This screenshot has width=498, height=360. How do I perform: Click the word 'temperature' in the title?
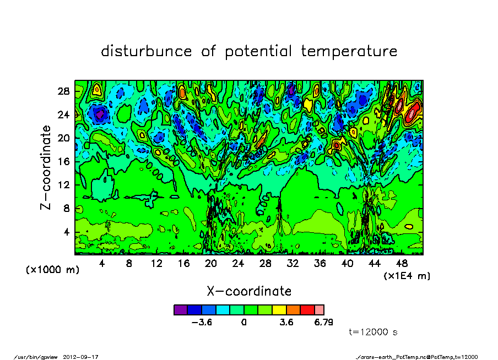(349, 52)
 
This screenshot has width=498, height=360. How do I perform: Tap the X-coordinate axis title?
(249, 291)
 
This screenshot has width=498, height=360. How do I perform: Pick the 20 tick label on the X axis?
(211, 264)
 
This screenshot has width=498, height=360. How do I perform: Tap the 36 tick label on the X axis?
(320, 264)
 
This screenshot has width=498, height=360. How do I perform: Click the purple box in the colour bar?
(181, 310)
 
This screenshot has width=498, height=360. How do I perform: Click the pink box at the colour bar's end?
(320, 310)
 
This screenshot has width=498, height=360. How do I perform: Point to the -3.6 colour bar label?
(202, 323)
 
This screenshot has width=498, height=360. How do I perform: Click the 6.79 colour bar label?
(324, 323)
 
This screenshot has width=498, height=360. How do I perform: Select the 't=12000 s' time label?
(373, 332)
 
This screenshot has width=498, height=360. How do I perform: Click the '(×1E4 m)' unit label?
(407, 275)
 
